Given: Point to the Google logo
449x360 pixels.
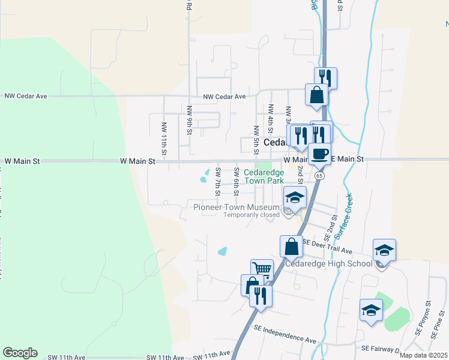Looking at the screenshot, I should tap(20, 353).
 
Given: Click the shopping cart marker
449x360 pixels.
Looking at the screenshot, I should tap(262, 270).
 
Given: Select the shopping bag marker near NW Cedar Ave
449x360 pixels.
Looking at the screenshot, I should tap(316, 94).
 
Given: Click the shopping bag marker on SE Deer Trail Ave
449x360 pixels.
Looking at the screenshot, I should tap(291, 246).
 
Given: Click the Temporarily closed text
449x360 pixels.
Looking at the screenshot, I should tap(252, 215).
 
